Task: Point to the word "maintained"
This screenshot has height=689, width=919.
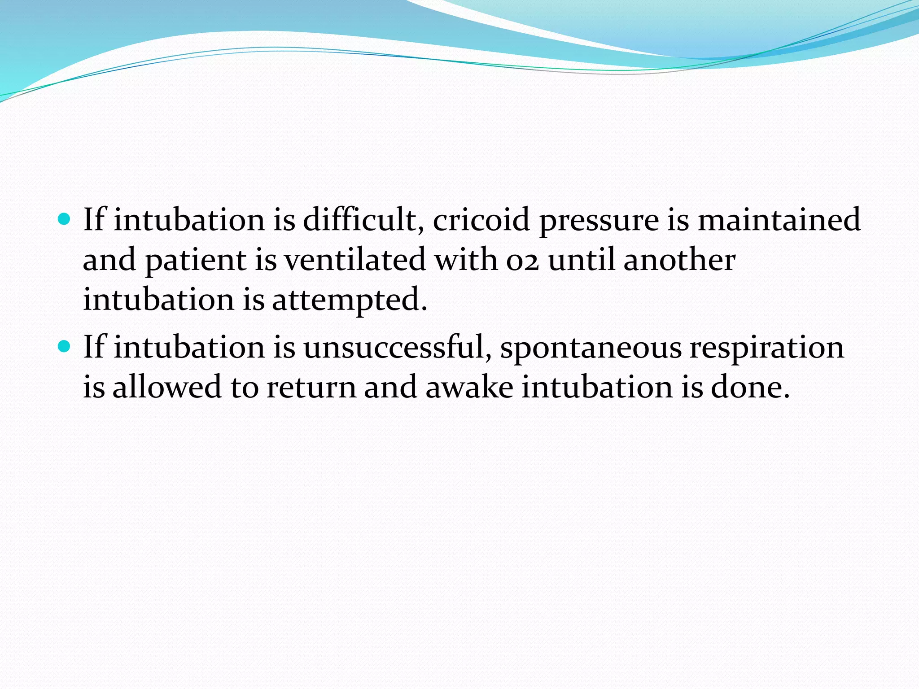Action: point(779,220)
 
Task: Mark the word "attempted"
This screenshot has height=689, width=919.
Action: point(349,300)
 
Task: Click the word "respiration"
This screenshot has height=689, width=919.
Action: point(767,348)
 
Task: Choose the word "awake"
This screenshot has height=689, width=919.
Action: point(469,387)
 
